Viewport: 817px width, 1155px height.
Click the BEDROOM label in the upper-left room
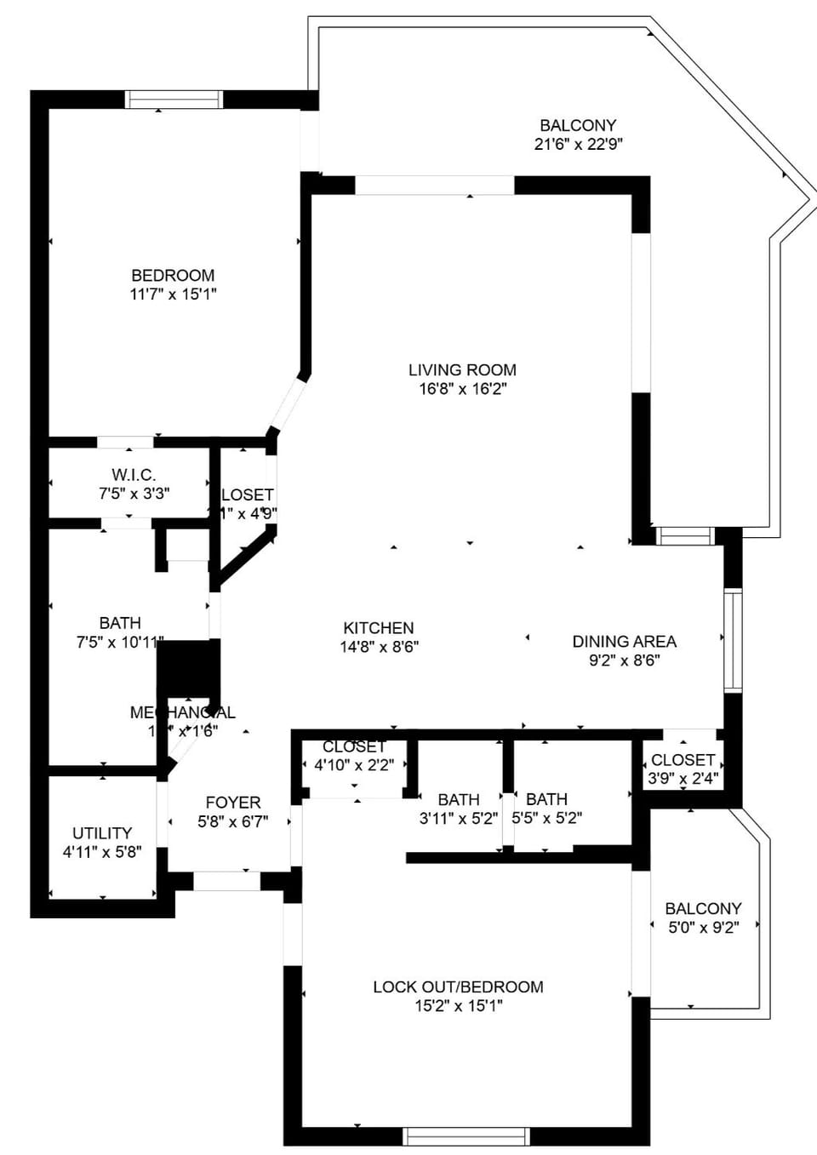pyautogui.click(x=173, y=275)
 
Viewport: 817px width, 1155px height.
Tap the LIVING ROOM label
pyautogui.click(x=462, y=369)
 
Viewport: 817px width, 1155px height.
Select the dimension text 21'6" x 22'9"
pyautogui.click(x=578, y=144)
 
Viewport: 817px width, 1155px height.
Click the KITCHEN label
pyautogui.click(x=379, y=627)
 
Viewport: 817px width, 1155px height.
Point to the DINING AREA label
pyautogui.click(x=624, y=641)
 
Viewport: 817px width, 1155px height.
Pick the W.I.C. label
pyautogui.click(x=134, y=475)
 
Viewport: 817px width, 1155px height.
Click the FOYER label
pyautogui.click(x=233, y=802)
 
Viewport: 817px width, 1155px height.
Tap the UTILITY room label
pyautogui.click(x=102, y=832)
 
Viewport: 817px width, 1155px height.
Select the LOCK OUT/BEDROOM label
pyautogui.click(x=458, y=986)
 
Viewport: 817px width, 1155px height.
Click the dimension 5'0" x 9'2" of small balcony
pyautogui.click(x=703, y=927)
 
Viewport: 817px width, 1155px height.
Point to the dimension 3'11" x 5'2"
pyautogui.click(x=458, y=818)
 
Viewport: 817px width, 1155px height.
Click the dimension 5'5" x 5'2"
pyautogui.click(x=546, y=818)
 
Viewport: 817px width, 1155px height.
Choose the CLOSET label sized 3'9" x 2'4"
pyautogui.click(x=683, y=759)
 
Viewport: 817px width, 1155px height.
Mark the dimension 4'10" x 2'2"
pyautogui.click(x=354, y=764)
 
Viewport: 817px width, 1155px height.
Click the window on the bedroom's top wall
pyautogui.click(x=174, y=100)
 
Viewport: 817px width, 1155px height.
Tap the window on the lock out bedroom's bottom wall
pyautogui.click(x=466, y=1135)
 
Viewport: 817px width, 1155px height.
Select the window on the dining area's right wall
pyautogui.click(x=732, y=639)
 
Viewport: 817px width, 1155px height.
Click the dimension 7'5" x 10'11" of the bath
pyautogui.click(x=119, y=642)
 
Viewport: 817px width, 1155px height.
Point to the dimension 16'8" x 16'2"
pyautogui.click(x=462, y=388)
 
